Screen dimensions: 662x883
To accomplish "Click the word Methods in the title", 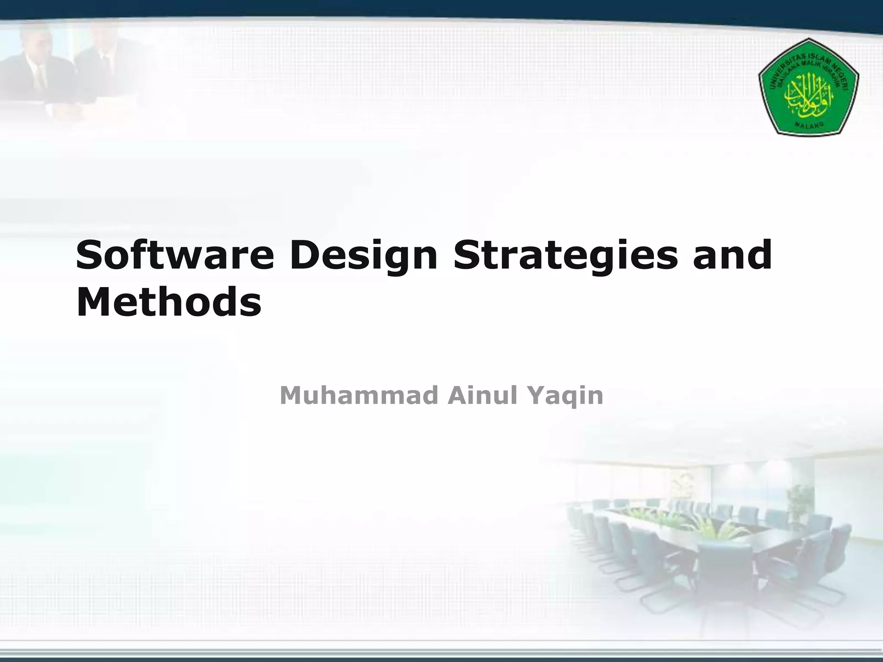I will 169,302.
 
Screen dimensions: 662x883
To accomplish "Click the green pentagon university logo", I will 808,86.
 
